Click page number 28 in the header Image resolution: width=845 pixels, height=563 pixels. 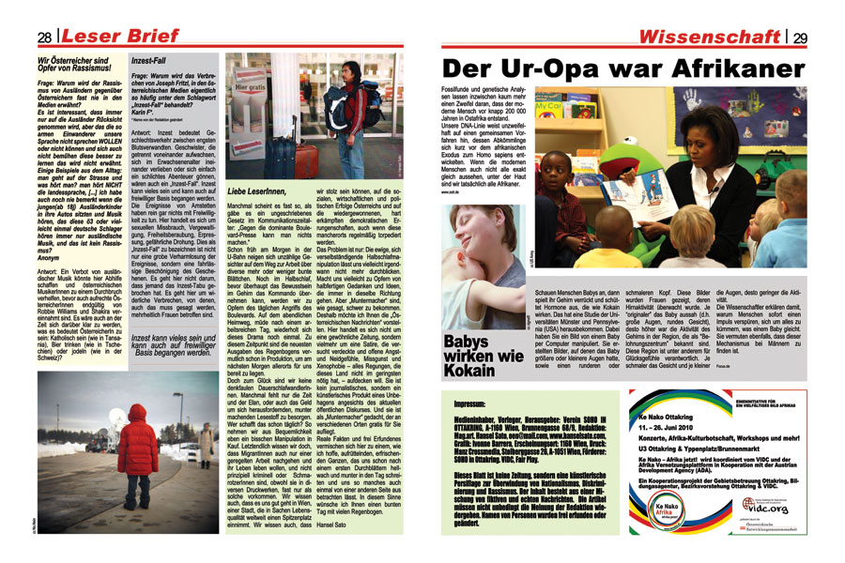44,37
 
